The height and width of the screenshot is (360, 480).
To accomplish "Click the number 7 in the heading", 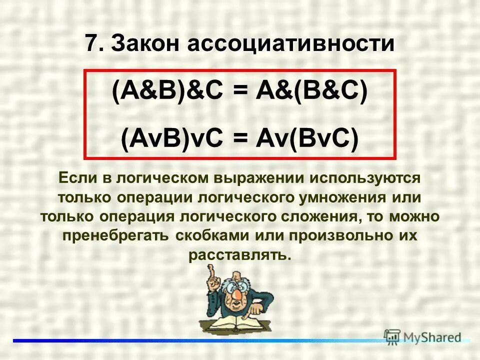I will [90, 43].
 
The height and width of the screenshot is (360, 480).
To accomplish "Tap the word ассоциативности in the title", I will [290, 43].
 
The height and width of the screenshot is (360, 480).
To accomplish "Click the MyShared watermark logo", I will [422, 336].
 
